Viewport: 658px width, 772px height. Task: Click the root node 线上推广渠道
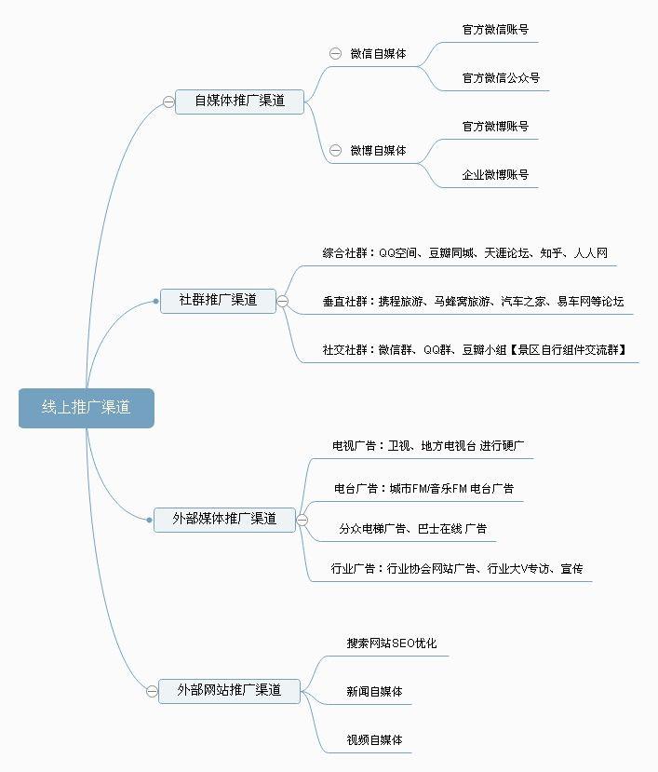point(87,408)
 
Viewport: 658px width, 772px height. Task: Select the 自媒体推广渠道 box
point(240,102)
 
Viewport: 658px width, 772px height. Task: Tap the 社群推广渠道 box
point(218,301)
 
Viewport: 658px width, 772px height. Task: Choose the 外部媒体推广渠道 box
point(224,520)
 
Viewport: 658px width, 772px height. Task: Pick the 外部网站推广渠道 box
point(229,691)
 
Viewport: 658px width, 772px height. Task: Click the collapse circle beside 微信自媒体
point(335,54)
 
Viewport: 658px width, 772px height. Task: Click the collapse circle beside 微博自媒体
point(335,150)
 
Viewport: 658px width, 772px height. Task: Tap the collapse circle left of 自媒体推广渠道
point(168,102)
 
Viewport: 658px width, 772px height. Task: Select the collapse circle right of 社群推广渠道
point(283,301)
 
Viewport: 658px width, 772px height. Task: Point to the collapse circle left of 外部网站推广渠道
point(152,691)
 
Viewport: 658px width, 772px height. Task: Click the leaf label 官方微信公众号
point(501,78)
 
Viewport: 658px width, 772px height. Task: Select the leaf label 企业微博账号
point(495,175)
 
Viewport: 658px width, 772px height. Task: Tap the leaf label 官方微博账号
point(495,127)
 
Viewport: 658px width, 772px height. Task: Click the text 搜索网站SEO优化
point(392,643)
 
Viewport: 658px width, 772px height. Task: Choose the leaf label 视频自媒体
point(374,740)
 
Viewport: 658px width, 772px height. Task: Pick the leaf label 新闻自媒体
point(374,692)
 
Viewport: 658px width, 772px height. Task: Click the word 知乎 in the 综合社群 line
point(551,253)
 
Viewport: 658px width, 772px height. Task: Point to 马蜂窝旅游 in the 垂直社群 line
point(463,302)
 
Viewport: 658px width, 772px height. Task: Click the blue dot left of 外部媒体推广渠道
point(149,520)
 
